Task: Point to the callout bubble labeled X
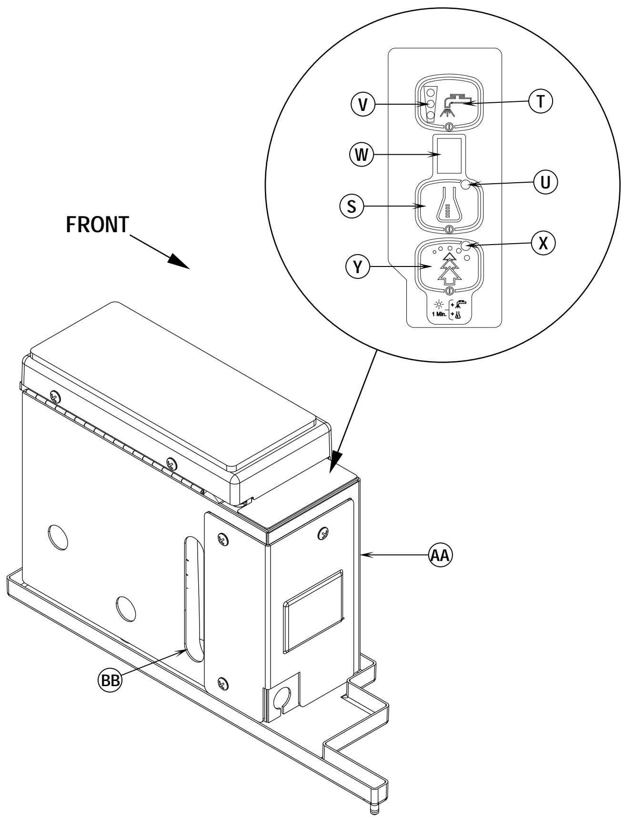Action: click(543, 243)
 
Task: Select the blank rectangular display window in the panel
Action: click(449, 155)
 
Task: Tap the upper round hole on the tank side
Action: click(58, 535)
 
